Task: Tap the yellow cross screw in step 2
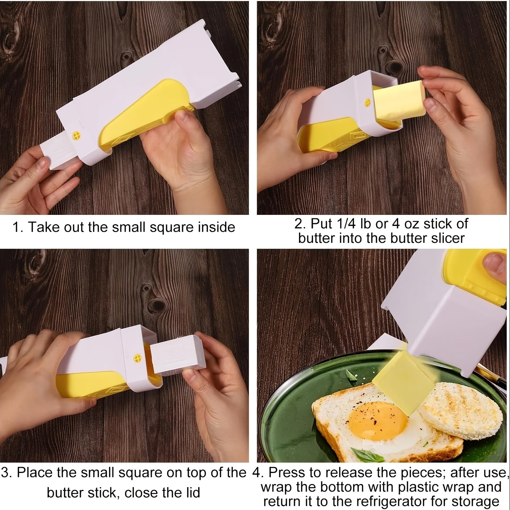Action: click(368, 102)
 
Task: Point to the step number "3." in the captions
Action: click(7, 472)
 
